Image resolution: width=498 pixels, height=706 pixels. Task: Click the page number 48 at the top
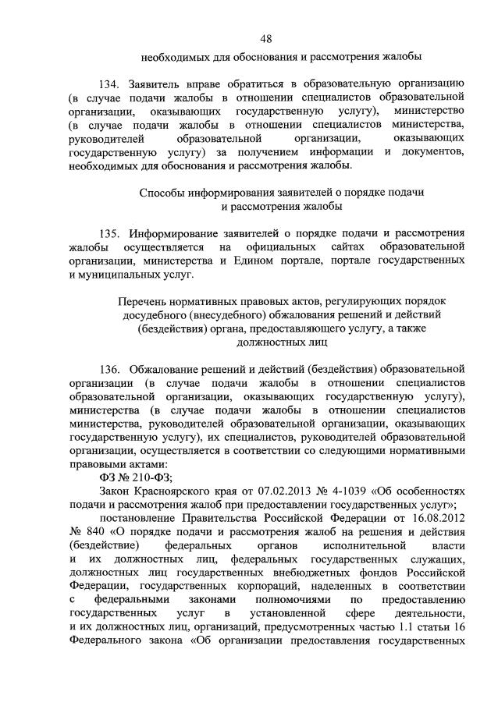point(265,38)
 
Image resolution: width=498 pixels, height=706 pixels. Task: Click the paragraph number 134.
point(111,83)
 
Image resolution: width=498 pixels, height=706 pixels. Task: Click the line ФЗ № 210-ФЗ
point(135,478)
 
